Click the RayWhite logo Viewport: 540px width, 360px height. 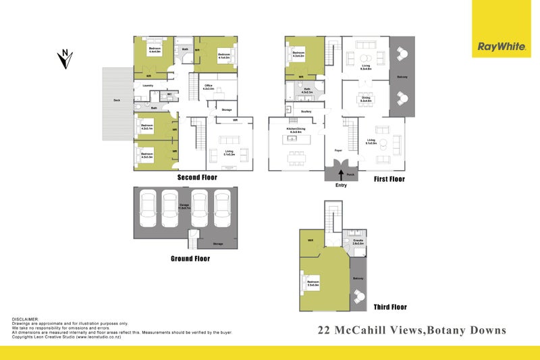tap(500, 47)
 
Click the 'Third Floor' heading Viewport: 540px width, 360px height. tap(390, 307)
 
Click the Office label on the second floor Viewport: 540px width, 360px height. tap(209, 86)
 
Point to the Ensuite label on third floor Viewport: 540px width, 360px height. tap(358, 241)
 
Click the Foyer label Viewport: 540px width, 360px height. tap(337, 150)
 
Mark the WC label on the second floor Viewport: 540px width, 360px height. tap(169, 94)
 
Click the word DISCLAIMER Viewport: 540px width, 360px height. tap(26, 319)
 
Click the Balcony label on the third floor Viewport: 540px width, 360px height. tap(358, 278)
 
